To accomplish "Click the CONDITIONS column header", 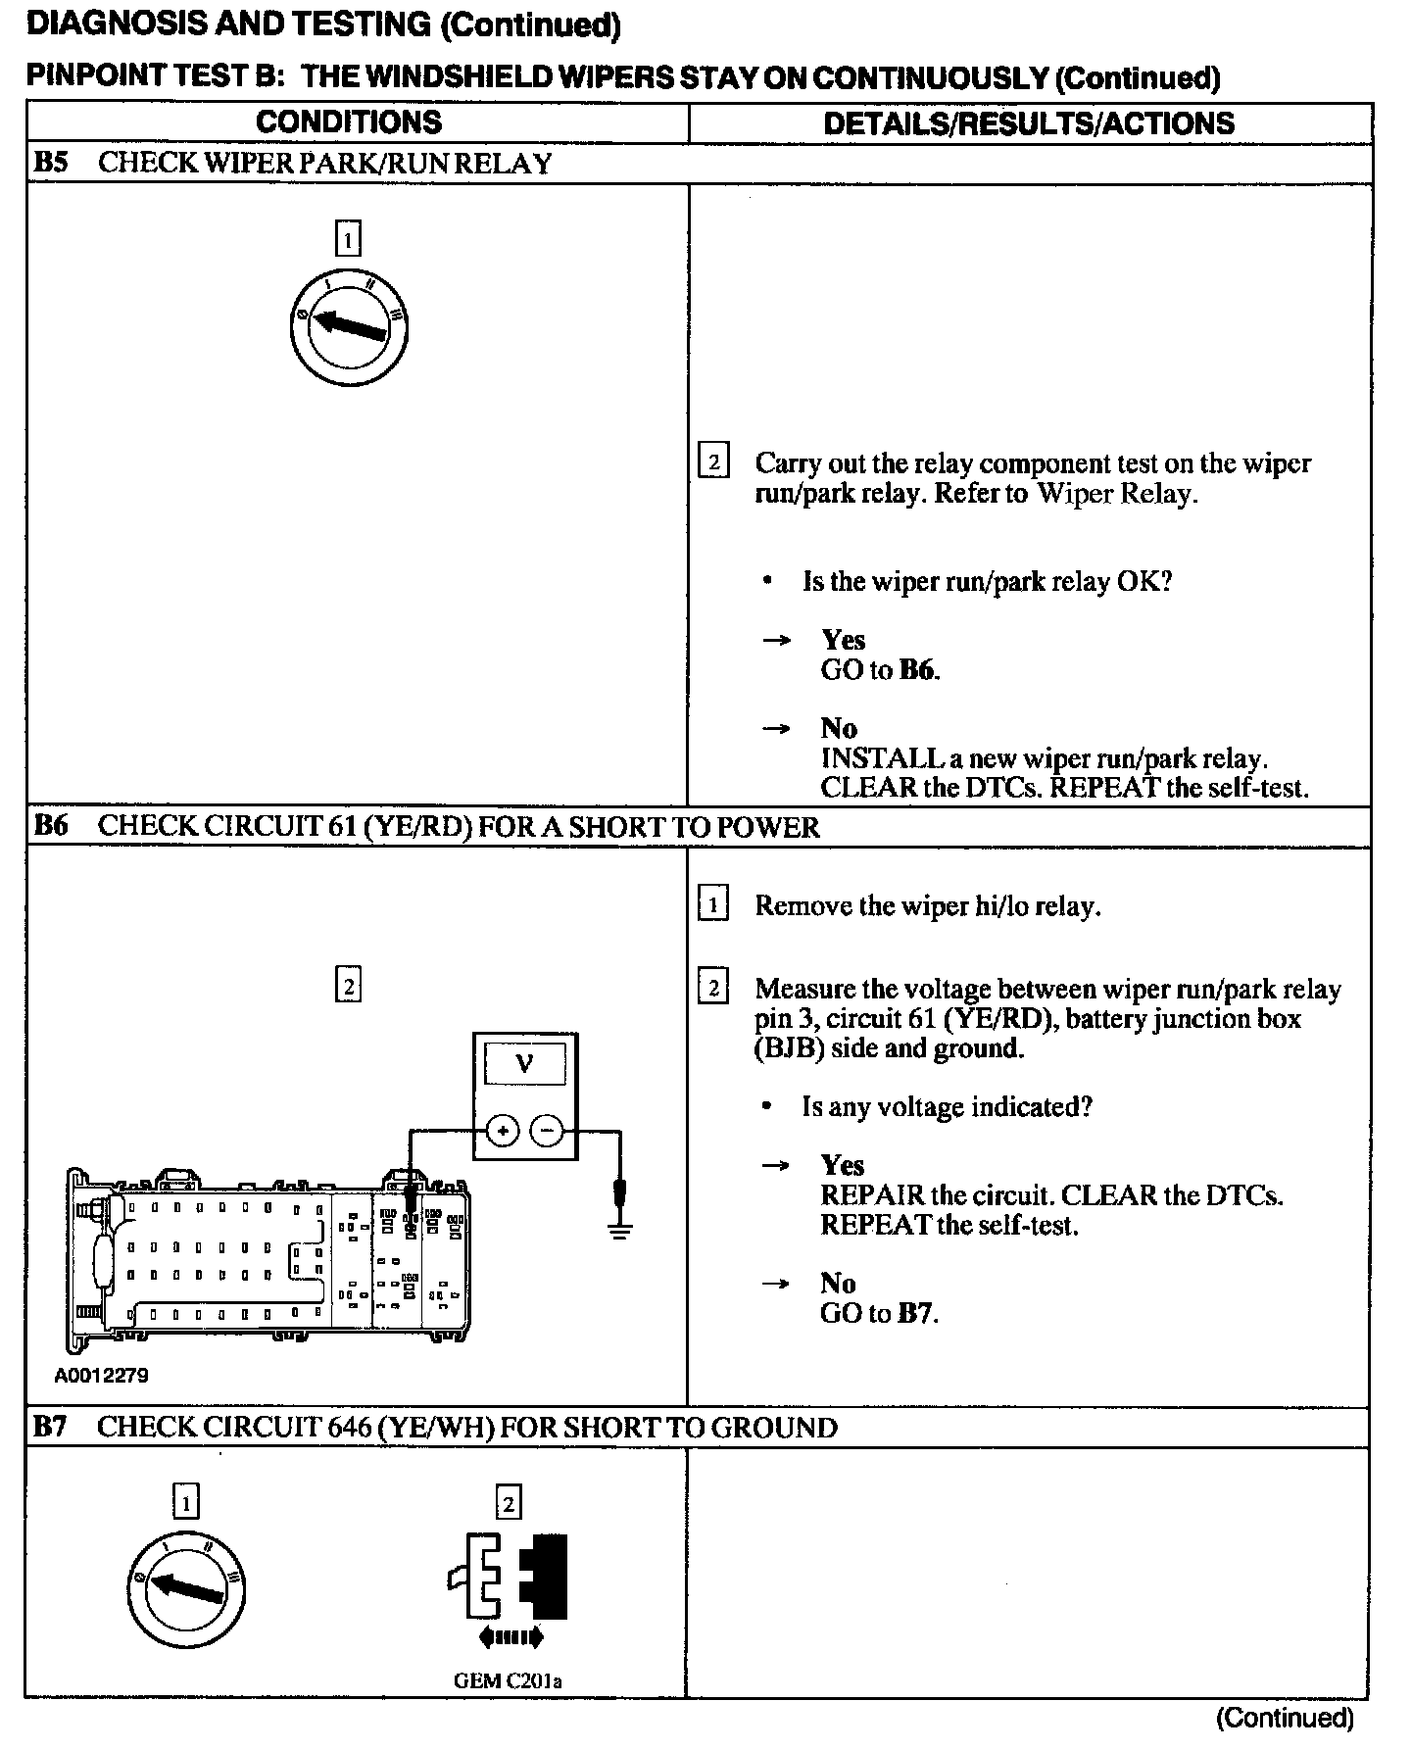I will click(x=349, y=122).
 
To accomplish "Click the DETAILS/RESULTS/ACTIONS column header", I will click(x=1029, y=123).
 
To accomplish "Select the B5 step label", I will click(x=51, y=163).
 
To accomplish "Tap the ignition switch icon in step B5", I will click(x=349, y=328).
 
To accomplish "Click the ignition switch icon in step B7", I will click(x=186, y=1589).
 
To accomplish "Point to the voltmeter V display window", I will click(x=525, y=1063).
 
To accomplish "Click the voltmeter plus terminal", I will click(x=503, y=1132).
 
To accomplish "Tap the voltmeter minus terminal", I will click(x=547, y=1132).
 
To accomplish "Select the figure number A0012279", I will click(x=102, y=1376).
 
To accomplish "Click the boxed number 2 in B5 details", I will click(x=712, y=462).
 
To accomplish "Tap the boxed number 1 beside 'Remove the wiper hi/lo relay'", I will click(x=712, y=904).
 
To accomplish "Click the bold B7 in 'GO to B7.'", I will click(x=914, y=1313).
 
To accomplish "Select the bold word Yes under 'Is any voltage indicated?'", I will click(x=843, y=1165).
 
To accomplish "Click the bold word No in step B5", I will click(x=839, y=728).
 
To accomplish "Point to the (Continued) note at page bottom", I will click(x=1285, y=1718).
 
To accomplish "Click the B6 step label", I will click(x=51, y=826).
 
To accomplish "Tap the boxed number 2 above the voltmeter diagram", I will click(x=348, y=984).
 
